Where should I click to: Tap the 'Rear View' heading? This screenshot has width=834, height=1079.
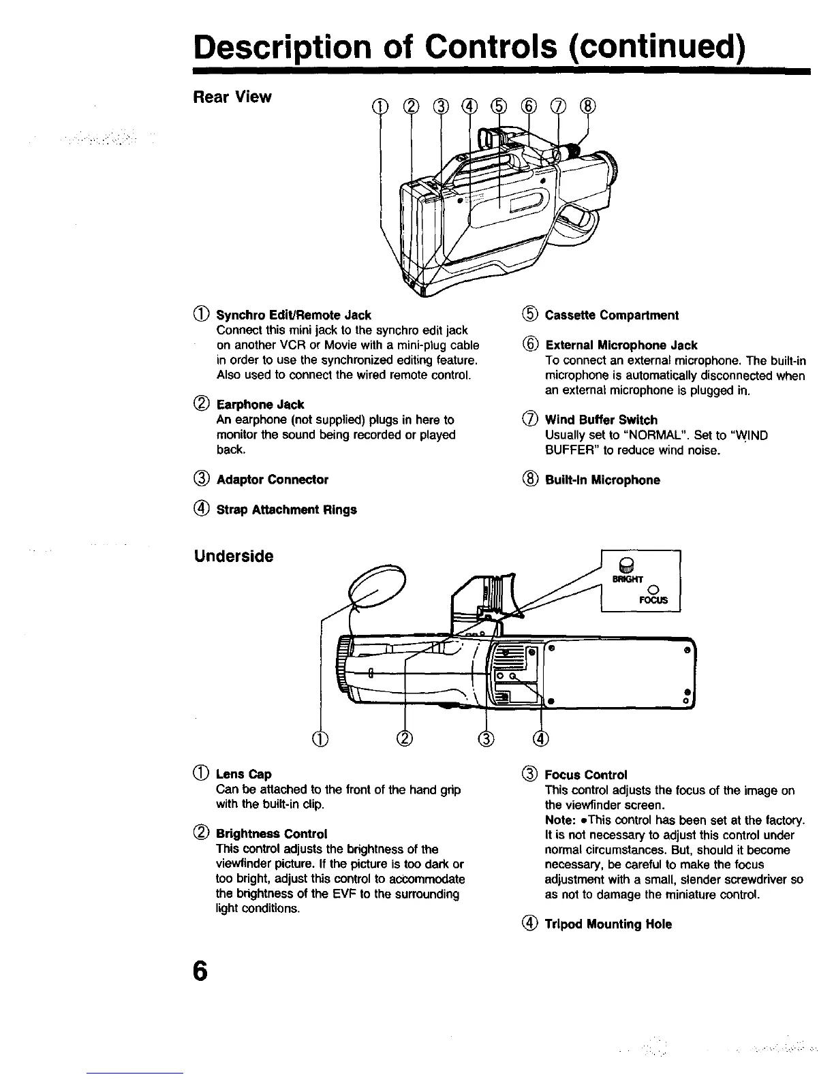[x=233, y=97]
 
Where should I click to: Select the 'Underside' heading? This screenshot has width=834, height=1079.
[x=234, y=556]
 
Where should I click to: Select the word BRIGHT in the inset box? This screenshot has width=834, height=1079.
[x=627, y=579]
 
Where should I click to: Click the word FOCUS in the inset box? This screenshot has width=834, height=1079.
[x=653, y=601]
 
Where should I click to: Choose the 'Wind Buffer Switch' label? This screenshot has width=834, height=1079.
[x=601, y=420]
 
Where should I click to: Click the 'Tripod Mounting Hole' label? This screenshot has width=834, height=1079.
[x=608, y=924]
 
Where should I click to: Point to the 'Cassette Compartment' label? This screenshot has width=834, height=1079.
[x=611, y=315]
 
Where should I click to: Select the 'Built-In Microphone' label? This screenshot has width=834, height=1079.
[x=602, y=480]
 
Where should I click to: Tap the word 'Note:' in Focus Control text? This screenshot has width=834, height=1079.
[x=560, y=819]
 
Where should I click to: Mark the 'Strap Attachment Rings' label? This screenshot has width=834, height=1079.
[x=286, y=510]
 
